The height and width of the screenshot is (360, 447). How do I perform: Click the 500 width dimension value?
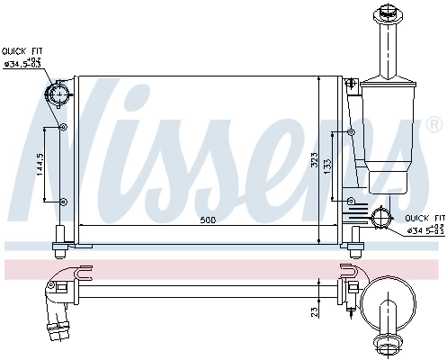coord(208,219)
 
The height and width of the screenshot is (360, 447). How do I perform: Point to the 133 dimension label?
coord(327,166)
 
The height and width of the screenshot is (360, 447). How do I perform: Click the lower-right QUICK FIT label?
coord(425,218)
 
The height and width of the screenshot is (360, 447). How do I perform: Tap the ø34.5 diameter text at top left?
coord(22,63)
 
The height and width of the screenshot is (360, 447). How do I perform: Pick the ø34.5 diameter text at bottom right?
coord(425,230)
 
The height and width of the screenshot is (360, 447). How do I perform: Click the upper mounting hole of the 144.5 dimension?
coord(62,128)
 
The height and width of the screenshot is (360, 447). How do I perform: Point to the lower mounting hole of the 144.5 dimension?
coord(62,199)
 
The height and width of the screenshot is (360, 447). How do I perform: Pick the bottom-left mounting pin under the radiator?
coord(59,236)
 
